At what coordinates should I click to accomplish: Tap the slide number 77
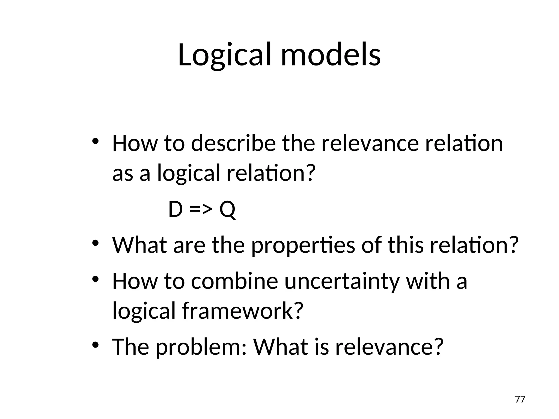(x=520, y=399)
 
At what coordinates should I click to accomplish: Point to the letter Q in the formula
(x=227, y=210)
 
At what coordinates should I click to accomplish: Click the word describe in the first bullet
(x=233, y=144)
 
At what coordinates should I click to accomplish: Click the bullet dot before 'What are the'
(x=95, y=243)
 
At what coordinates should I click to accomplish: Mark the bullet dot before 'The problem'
(x=95, y=345)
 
